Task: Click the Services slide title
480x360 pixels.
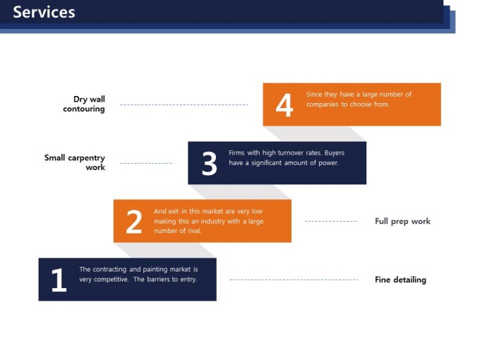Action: [44, 12]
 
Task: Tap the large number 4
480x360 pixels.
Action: [284, 104]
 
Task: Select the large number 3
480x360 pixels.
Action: [210, 163]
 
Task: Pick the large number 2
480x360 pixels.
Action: [134, 222]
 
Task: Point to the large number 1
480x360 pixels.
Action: [59, 280]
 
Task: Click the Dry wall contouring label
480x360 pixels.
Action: [84, 104]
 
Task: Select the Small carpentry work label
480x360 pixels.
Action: [75, 162]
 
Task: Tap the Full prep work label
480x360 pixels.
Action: [402, 222]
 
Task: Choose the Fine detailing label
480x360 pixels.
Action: [400, 280]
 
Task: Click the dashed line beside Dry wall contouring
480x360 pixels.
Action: [184, 104]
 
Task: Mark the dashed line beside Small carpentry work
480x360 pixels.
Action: [147, 163]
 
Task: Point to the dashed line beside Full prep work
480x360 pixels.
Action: [331, 222]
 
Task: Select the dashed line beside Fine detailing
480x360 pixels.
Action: [294, 280]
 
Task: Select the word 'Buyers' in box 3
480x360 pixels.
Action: [335, 153]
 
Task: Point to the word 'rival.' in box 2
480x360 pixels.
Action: [193, 231]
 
